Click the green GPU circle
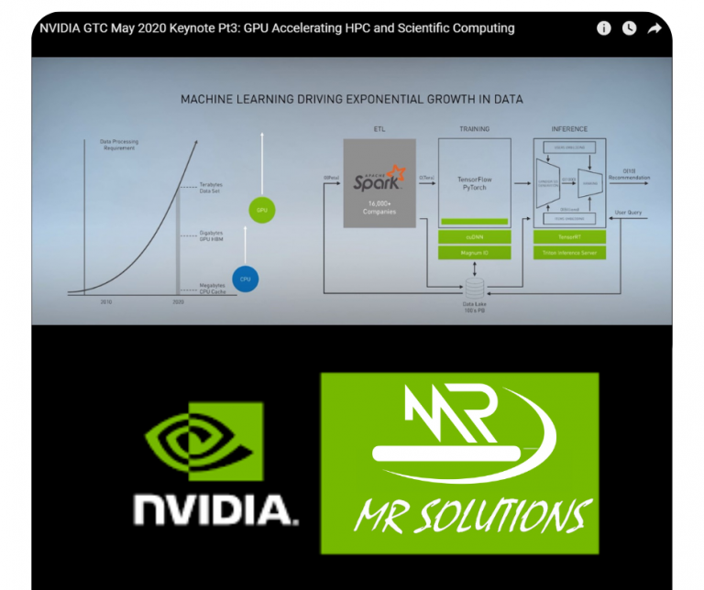262,211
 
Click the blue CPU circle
245,279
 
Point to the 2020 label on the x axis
179,300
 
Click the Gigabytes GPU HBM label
212,235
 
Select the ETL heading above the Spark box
379,129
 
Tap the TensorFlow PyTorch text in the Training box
474,182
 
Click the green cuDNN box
474,237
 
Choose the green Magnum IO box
474,253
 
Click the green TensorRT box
569,237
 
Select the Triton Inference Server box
569,253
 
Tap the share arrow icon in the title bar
654,28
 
